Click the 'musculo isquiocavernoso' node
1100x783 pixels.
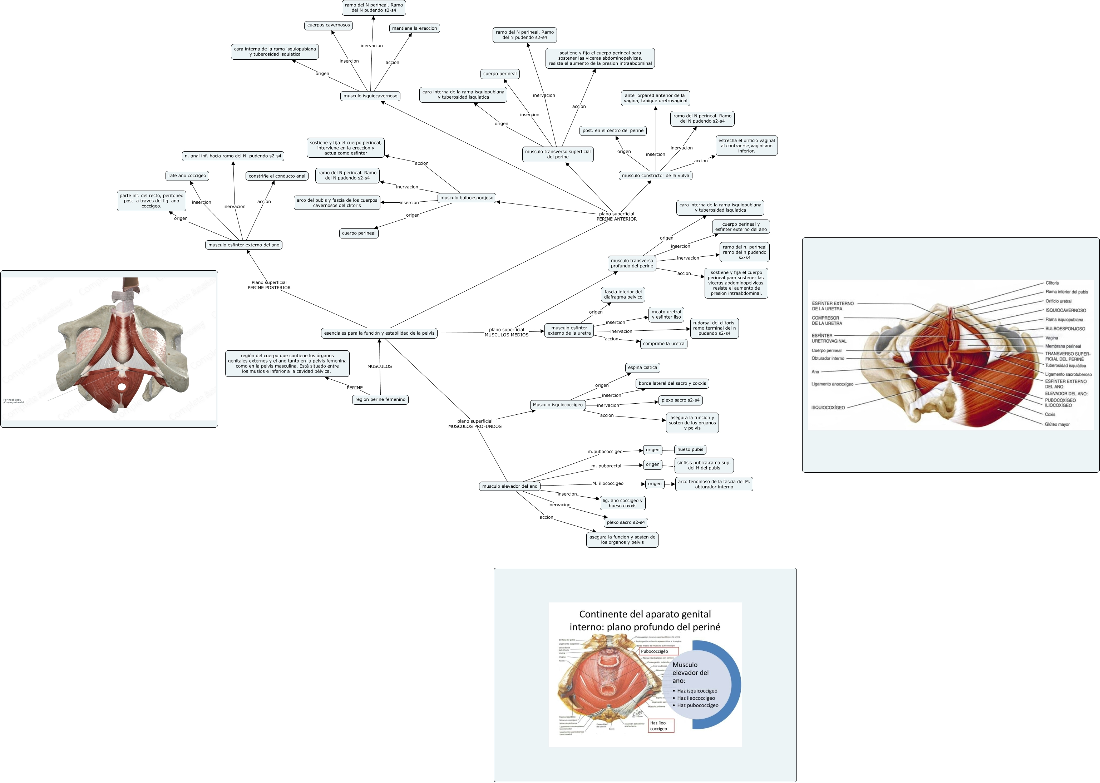(x=370, y=96)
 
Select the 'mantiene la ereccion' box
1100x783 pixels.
(x=414, y=29)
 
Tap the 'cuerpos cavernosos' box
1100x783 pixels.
(x=328, y=25)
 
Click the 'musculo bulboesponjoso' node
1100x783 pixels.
(x=467, y=198)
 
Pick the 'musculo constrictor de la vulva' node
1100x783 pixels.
(x=655, y=176)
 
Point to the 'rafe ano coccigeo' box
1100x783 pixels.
(x=187, y=176)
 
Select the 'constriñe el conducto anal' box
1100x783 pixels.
(x=277, y=176)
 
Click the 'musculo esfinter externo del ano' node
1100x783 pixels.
(x=243, y=245)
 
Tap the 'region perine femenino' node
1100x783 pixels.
(x=380, y=399)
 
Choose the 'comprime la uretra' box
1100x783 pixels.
(x=663, y=344)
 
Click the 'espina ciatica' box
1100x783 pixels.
(x=642, y=368)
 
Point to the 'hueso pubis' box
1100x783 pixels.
(x=690, y=449)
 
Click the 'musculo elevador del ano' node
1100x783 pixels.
(x=509, y=486)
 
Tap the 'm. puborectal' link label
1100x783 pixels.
(x=606, y=466)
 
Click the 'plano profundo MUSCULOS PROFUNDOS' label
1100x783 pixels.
(x=474, y=424)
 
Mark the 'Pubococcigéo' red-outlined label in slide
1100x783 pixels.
(x=658, y=651)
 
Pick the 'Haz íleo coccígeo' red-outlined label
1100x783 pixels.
(x=660, y=726)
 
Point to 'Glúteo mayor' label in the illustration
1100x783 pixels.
(x=1057, y=424)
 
